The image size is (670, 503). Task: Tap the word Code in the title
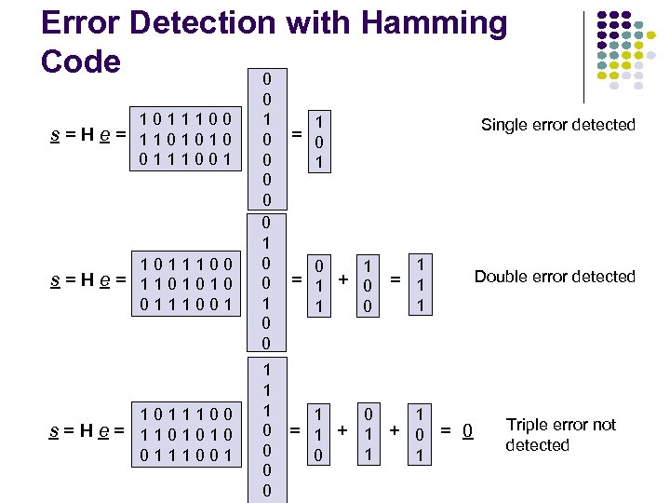[81, 61]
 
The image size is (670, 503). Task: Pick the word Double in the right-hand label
[501, 277]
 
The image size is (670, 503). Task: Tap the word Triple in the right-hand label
[526, 425]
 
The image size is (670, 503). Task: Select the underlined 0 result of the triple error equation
[470, 430]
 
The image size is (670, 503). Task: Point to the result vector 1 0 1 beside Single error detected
[320, 143]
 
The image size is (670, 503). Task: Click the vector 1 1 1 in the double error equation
[422, 285]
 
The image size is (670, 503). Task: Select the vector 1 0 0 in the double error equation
[369, 285]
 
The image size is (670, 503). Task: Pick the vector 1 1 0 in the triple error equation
[319, 434]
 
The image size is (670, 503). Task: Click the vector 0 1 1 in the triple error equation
[369, 434]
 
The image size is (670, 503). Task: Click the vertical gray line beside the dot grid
[584, 56]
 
